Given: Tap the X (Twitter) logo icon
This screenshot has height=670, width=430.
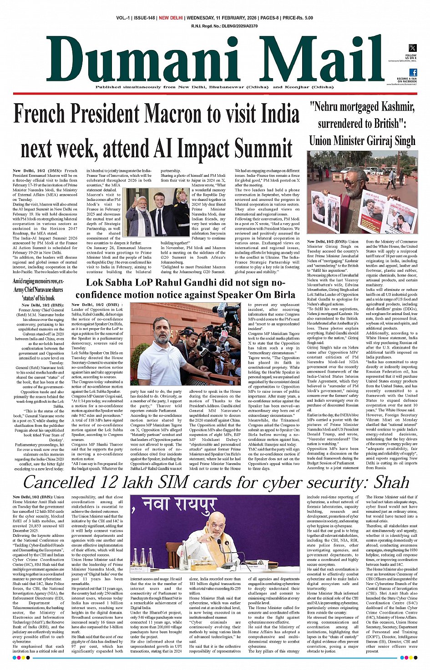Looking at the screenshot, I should tap(412, 48).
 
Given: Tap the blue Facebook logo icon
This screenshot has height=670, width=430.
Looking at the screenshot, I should tap(413, 72).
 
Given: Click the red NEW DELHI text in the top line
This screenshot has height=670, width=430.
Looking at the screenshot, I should tap(171, 18).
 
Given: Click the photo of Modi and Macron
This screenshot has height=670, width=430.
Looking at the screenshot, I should tap(157, 213).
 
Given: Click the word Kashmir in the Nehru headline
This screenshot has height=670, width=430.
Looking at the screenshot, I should tap(395, 107).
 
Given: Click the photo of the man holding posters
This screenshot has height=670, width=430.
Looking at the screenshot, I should tap(362, 193).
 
